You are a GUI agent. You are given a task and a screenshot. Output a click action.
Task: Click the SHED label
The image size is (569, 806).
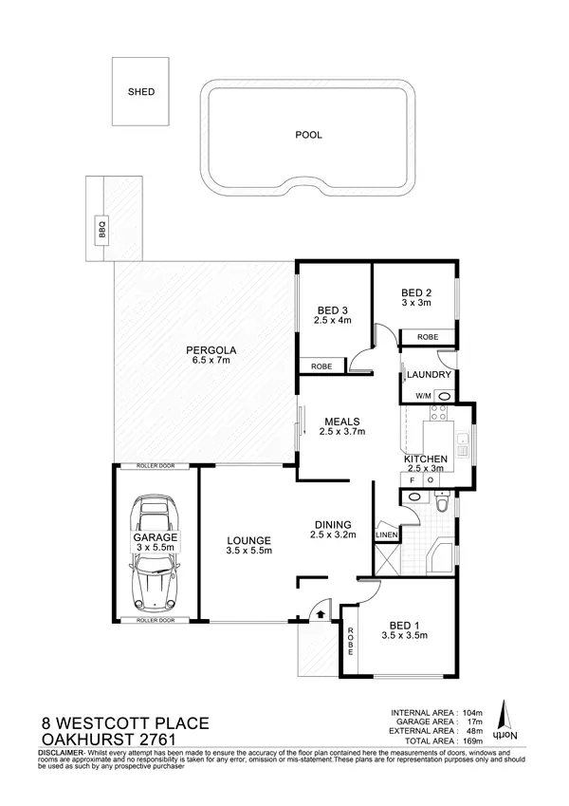(140, 93)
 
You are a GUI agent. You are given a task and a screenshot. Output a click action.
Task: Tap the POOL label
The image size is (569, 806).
(309, 135)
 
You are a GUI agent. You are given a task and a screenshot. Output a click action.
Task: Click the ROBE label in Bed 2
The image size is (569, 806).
(427, 336)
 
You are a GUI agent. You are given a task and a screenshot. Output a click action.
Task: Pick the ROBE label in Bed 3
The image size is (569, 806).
(321, 366)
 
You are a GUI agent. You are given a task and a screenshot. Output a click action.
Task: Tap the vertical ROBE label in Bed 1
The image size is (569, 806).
(350, 644)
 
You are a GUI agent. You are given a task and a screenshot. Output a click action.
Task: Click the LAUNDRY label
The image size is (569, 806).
(429, 375)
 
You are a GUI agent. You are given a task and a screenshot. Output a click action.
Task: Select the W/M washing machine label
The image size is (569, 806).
(420, 395)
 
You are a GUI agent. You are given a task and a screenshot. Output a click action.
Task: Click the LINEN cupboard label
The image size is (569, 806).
(387, 535)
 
